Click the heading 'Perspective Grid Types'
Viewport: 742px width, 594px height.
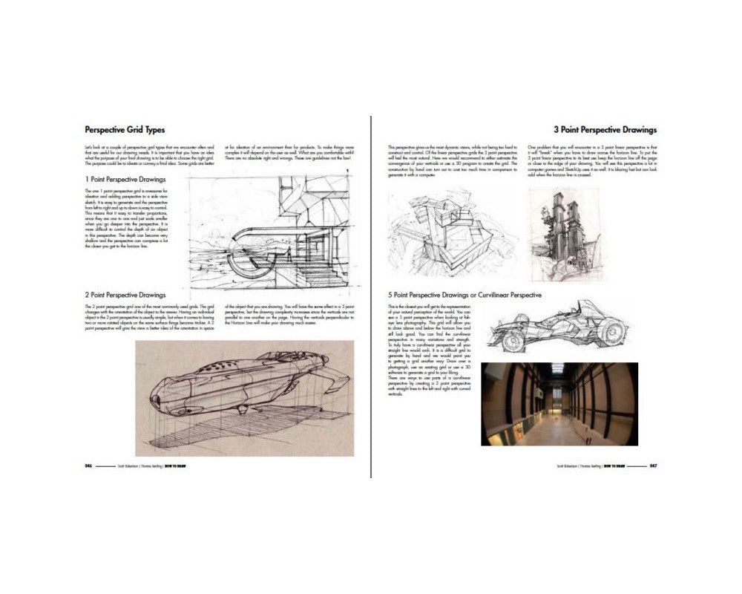(x=125, y=129)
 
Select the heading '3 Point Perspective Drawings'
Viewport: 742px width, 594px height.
(x=605, y=129)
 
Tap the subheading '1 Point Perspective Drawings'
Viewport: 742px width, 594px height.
(x=125, y=179)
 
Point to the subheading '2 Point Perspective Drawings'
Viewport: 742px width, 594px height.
(x=125, y=295)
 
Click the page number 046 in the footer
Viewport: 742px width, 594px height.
(x=88, y=466)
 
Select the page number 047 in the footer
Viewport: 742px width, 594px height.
(x=652, y=466)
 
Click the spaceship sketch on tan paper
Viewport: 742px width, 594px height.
(x=244, y=397)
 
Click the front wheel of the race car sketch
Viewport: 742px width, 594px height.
(x=513, y=340)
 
